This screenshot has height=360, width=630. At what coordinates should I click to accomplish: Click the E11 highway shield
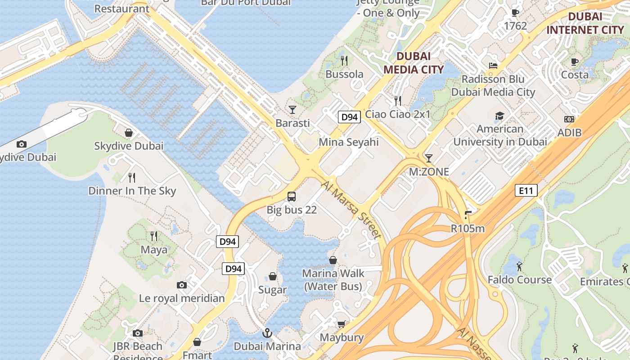click(x=526, y=191)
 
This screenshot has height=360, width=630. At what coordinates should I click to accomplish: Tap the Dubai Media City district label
click(x=414, y=63)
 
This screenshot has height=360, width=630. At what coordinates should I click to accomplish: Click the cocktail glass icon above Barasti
click(x=292, y=109)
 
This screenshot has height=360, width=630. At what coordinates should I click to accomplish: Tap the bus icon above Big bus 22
click(x=292, y=197)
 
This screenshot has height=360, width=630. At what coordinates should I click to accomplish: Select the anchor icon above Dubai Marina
click(x=267, y=333)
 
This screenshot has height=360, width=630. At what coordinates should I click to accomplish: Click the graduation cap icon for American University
click(x=499, y=116)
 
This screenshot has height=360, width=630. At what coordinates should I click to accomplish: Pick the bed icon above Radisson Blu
click(x=493, y=66)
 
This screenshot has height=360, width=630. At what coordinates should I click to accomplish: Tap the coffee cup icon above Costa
click(x=575, y=62)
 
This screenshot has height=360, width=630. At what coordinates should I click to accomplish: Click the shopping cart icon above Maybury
click(x=342, y=324)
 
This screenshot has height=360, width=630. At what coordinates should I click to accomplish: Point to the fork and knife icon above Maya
click(x=154, y=236)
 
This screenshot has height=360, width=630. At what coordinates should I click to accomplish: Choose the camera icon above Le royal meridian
click(x=182, y=285)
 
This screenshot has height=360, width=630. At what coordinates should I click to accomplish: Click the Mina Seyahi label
click(x=349, y=142)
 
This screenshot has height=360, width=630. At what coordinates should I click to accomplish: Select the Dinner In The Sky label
click(x=132, y=191)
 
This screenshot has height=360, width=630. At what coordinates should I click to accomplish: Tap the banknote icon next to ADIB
click(x=569, y=119)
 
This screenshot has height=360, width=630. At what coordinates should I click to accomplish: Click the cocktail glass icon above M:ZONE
click(x=429, y=158)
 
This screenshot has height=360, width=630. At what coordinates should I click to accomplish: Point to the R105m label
click(x=468, y=229)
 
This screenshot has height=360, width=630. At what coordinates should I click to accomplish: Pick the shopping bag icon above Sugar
click(x=273, y=276)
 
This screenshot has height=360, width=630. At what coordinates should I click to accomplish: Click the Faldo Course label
click(x=520, y=279)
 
